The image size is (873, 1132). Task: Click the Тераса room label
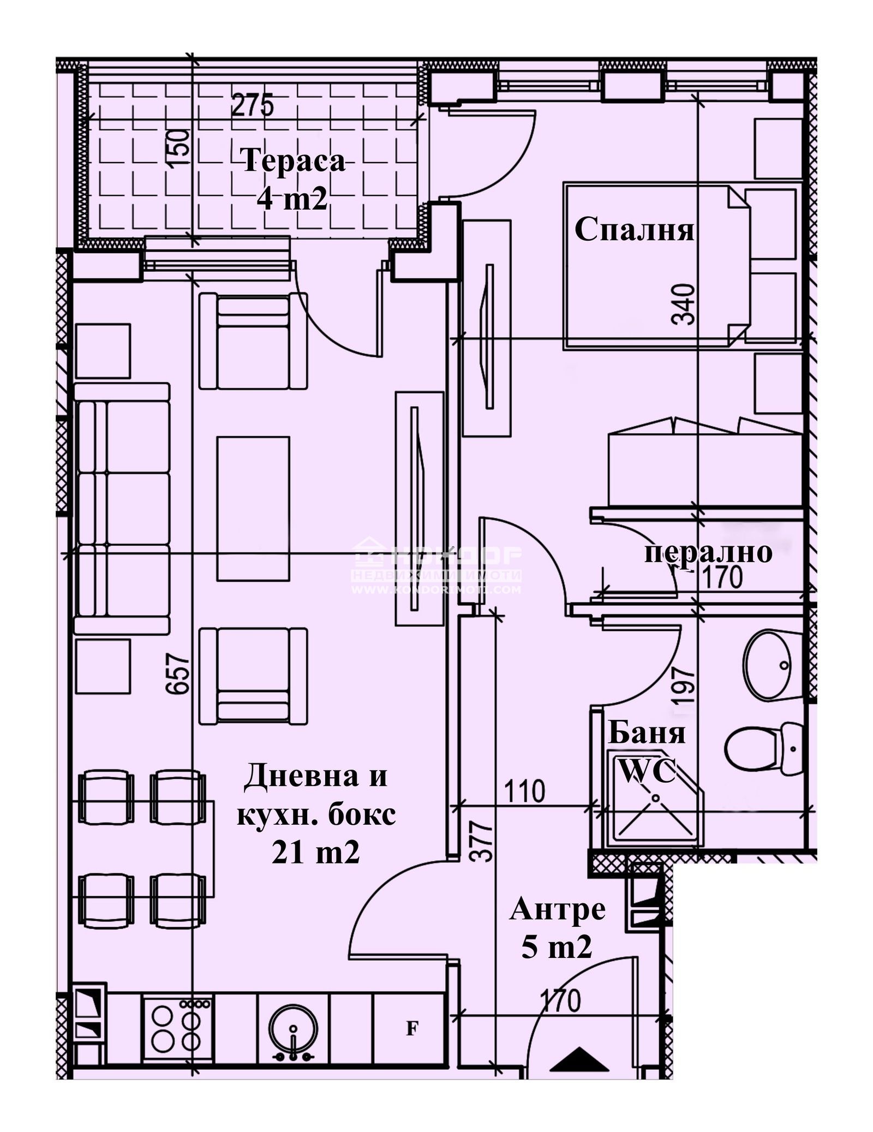click(293, 162)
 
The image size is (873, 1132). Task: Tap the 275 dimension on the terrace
click(252, 105)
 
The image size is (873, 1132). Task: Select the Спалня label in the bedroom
click(634, 230)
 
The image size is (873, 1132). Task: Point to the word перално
click(708, 552)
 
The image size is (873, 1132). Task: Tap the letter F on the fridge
click(412, 1029)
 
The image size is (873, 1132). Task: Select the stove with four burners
click(177, 1029)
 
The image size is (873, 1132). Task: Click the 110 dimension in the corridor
click(524, 791)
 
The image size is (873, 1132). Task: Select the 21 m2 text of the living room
click(316, 853)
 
